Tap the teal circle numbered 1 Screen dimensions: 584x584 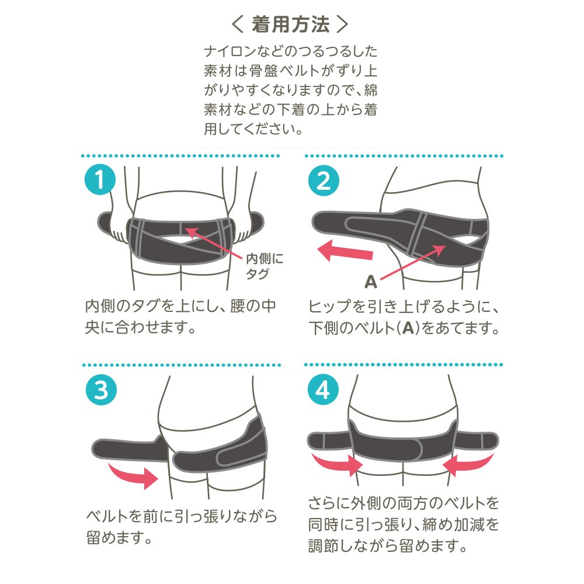coord(100,179)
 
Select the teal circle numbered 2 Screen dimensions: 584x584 coord(324,180)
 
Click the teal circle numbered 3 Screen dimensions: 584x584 coord(101,390)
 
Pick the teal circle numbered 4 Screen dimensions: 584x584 coord(323,390)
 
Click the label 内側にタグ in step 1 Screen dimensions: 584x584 coord(264,266)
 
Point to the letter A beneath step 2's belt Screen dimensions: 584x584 coord(371,282)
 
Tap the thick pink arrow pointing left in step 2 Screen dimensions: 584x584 coord(345,251)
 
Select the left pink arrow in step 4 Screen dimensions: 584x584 coord(337,464)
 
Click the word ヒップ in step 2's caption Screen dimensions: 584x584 coord(330,306)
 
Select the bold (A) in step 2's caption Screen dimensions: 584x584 coord(409,328)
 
